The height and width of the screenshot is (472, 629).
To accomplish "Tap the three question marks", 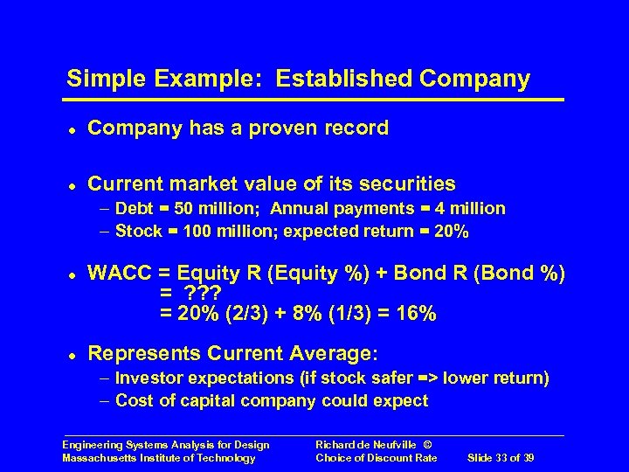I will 201,294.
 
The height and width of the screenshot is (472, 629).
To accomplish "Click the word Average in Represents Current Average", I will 331,353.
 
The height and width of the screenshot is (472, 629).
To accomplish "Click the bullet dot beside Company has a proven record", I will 70,129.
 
